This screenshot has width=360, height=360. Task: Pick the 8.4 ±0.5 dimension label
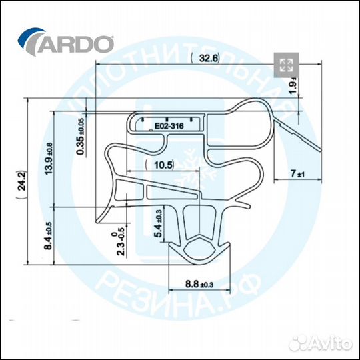49,235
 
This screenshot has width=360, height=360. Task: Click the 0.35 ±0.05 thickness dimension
81,137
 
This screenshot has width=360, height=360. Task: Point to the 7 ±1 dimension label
297,174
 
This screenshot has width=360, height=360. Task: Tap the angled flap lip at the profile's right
304,137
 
